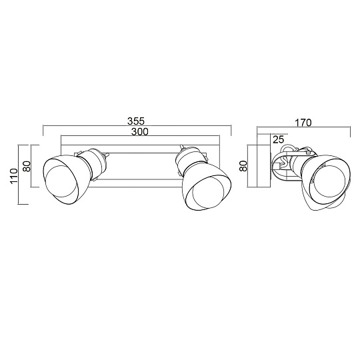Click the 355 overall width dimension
click(137, 121)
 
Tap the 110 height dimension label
click(13, 175)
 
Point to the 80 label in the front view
click(27, 165)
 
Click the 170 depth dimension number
click(303, 123)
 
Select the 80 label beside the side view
click(243, 165)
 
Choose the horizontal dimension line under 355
click(137, 126)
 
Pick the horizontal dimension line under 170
click(303, 128)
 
